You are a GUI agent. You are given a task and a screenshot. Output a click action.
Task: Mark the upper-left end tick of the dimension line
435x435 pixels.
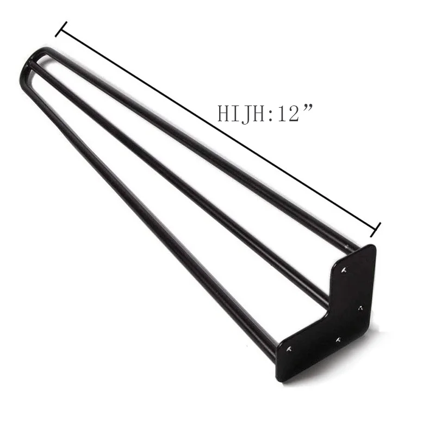coord(61,29)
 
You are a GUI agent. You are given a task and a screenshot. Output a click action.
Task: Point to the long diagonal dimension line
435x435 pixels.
coord(217,129)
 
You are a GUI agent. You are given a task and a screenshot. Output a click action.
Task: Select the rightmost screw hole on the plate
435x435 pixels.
coord(361,308)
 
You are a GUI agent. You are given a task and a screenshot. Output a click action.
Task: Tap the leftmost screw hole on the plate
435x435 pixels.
coord(289,348)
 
